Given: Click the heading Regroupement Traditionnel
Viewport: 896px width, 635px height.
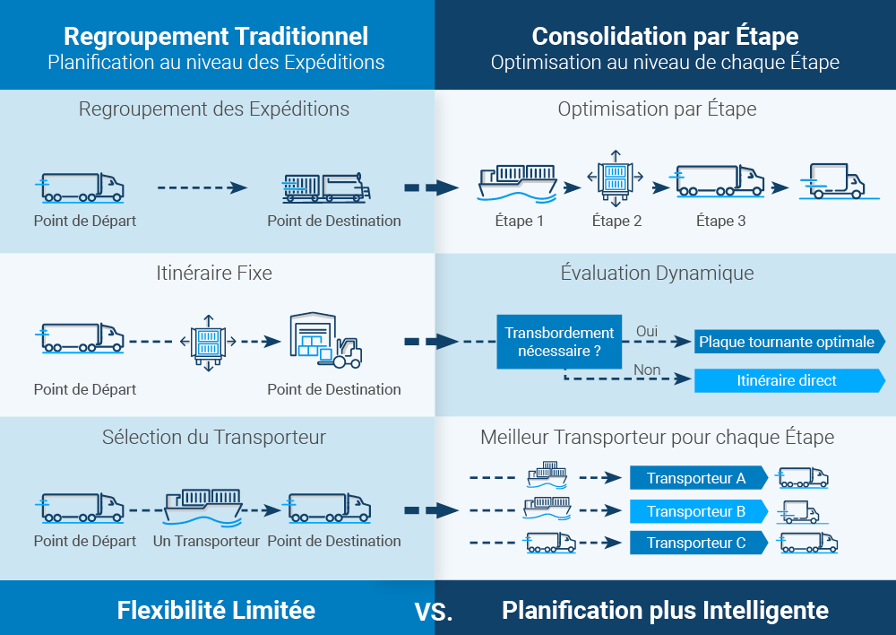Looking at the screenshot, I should (x=216, y=36).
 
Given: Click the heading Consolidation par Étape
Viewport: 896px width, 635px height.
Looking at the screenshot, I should (x=665, y=36).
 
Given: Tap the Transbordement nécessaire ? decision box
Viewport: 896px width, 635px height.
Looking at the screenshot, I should (x=559, y=342).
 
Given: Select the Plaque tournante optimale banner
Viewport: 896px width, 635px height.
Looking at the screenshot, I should (x=788, y=342).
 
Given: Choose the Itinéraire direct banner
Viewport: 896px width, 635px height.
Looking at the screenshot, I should (x=788, y=380).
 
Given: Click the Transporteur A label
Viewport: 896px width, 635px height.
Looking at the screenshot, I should (x=697, y=478).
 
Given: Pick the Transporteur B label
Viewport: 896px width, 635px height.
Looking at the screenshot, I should (x=697, y=511).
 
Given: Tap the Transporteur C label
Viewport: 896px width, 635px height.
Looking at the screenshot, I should (x=697, y=543).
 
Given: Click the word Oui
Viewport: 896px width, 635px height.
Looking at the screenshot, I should (x=647, y=331).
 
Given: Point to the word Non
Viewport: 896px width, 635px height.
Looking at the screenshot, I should (x=647, y=370).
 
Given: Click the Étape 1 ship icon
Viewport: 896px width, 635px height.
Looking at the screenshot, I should (x=518, y=182).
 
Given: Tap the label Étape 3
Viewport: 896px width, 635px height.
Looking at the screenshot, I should (x=720, y=221).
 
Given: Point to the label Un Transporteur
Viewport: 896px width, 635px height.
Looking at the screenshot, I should (x=206, y=541).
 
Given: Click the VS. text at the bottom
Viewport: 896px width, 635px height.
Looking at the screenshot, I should (x=434, y=613).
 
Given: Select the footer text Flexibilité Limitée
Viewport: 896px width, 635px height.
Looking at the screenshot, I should (x=216, y=611).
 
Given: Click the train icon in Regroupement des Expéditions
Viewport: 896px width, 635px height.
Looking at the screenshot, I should (x=324, y=187).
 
